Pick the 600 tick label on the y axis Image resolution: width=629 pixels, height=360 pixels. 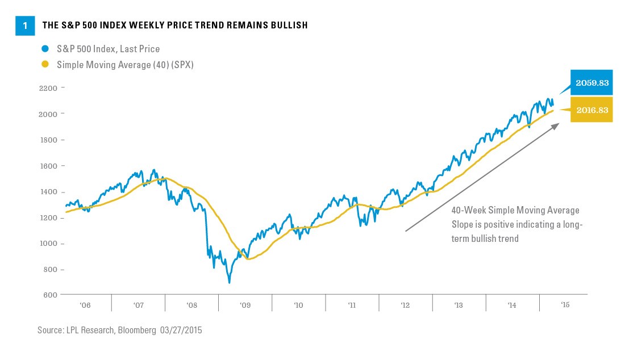point(50,295)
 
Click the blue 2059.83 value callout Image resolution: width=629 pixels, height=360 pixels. point(591,83)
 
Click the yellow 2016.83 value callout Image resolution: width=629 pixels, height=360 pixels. point(591,110)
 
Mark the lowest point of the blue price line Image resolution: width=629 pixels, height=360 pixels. point(229,282)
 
